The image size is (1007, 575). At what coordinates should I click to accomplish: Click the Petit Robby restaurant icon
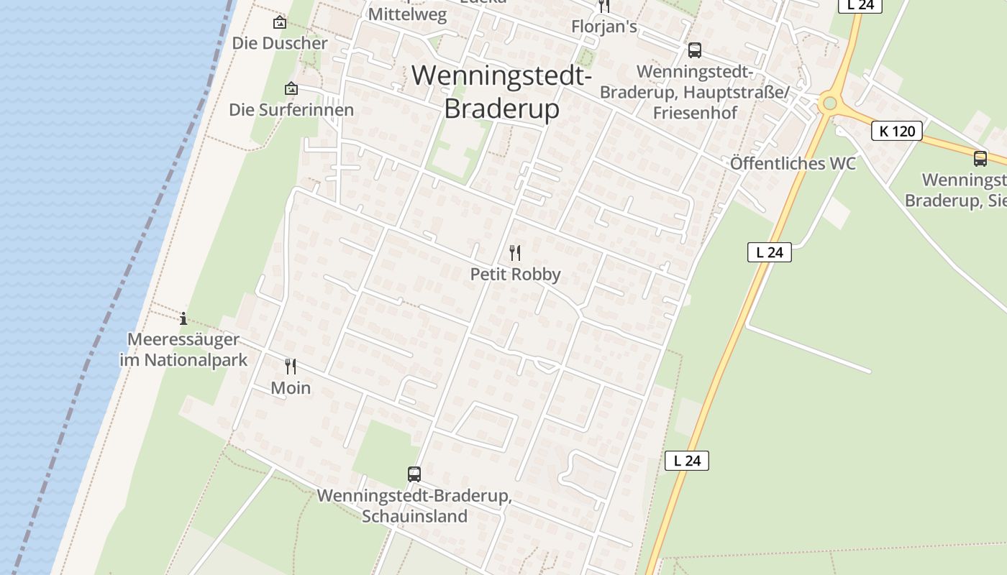[x=514, y=252]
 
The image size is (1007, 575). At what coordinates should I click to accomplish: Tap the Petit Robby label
[x=515, y=275]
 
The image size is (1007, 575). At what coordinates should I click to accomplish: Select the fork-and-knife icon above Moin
[x=291, y=367]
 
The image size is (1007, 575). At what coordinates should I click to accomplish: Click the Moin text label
[x=291, y=388]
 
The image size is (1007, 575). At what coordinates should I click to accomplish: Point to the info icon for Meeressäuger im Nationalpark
[x=183, y=318]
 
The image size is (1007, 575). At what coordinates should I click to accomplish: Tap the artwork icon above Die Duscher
[x=280, y=23]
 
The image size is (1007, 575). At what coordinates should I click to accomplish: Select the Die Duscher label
[x=280, y=43]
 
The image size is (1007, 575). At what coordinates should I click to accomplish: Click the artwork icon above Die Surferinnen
[x=291, y=89]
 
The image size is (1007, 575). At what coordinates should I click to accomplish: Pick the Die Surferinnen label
[x=291, y=110]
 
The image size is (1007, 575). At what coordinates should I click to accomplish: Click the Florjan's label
[x=604, y=27]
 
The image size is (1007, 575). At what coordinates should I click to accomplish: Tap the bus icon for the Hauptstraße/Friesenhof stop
[x=695, y=50]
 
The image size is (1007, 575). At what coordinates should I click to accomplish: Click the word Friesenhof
[x=695, y=113]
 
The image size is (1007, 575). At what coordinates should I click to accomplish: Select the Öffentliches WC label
[x=793, y=164]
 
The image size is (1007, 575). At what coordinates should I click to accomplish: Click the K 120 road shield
[x=897, y=131]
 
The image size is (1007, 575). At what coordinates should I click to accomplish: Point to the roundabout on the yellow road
[x=830, y=103]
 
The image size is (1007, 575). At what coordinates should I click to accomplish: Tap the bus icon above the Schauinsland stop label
[x=414, y=474]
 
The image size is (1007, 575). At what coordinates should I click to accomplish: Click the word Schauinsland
[x=415, y=516]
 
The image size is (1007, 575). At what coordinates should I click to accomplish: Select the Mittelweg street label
[x=407, y=15]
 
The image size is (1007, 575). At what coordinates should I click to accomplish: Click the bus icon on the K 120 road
[x=980, y=159]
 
